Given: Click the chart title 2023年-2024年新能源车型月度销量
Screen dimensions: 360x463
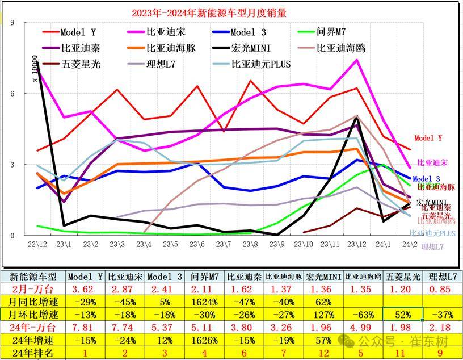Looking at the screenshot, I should coord(199,12).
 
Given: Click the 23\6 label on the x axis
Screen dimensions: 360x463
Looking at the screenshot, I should coord(197,244).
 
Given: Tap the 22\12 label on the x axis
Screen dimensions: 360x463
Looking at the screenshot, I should coord(39,244).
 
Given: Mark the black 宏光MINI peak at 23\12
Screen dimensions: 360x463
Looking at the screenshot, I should coord(356,118).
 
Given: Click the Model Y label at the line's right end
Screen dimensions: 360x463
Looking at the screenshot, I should coord(428,138).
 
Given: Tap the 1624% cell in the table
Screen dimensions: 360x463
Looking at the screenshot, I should coord(205,300).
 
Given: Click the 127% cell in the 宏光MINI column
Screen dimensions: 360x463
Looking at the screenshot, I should coord(323,313).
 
